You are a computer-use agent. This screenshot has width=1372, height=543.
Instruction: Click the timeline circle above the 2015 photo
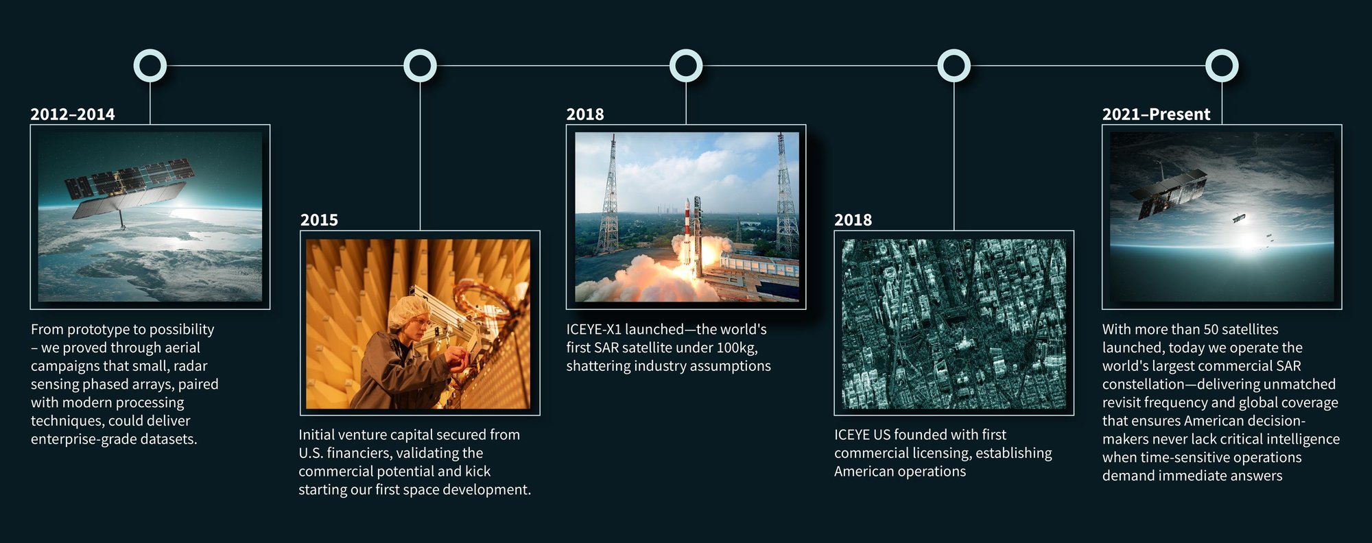[420, 66]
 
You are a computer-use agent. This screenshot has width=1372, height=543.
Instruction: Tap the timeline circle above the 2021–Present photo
[1222, 66]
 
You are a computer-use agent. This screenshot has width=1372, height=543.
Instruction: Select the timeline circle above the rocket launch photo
[686, 66]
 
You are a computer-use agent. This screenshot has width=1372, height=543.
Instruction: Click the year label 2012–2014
[73, 114]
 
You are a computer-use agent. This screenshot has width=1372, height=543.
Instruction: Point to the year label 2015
[319, 220]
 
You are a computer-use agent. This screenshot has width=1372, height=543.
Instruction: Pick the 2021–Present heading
[1156, 114]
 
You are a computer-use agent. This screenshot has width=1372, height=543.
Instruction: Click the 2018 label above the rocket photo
[585, 114]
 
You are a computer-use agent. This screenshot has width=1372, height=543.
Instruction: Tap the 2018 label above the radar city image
[853, 220]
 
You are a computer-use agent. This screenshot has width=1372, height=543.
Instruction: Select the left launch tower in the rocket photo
[608, 199]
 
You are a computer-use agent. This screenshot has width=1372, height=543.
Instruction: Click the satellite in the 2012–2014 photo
[127, 189]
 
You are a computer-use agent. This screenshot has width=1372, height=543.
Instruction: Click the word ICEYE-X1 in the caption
[593, 330]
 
